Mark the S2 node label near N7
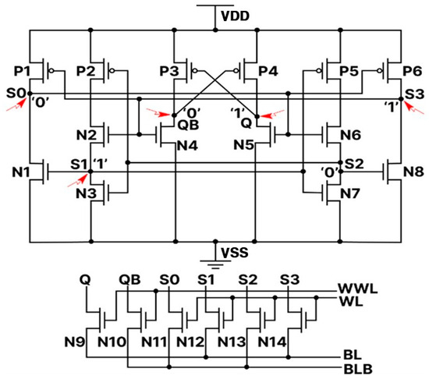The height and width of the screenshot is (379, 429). (x=353, y=165)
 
